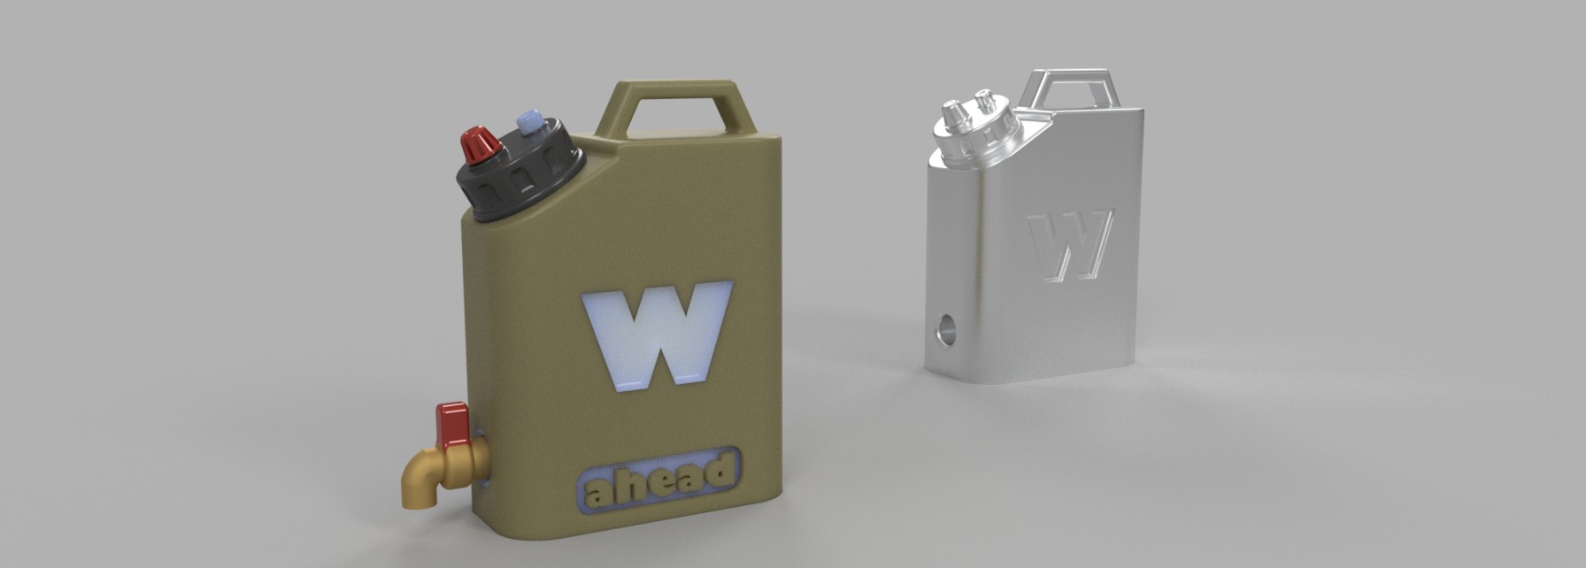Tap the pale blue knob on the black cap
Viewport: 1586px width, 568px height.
click(x=531, y=121)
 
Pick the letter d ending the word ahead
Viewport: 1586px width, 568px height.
click(x=722, y=469)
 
